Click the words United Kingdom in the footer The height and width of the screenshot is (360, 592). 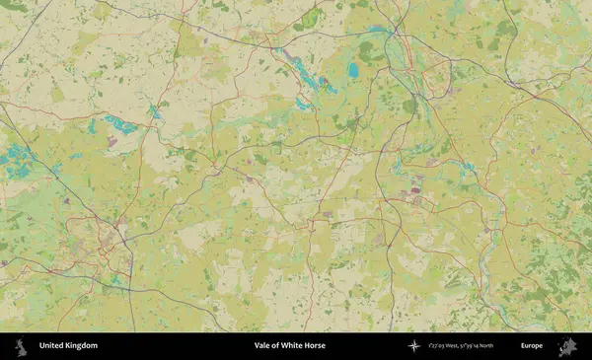coord(68,346)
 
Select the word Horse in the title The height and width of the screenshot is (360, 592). coord(314,346)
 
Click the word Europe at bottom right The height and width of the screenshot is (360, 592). coord(532,346)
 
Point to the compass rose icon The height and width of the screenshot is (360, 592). coord(415,346)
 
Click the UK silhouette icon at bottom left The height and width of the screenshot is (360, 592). coord(20,346)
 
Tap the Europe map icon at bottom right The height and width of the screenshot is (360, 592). coord(567,346)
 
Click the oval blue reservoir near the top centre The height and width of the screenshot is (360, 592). coord(352,70)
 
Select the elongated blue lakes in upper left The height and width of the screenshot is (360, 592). coord(119,125)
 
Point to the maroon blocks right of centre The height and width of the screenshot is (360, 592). coord(416,186)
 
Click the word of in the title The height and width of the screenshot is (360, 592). coord(276,346)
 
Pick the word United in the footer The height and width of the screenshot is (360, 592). coord(51,346)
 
